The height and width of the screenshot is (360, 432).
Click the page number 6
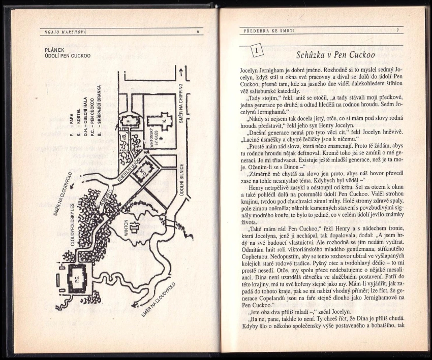click(x=198, y=31)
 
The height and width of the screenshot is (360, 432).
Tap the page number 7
click(x=397, y=30)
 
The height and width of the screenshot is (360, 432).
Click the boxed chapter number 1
click(x=257, y=51)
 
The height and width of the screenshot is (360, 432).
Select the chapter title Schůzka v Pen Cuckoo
click(x=335, y=55)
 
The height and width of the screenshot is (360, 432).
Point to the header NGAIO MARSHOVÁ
click(x=65, y=32)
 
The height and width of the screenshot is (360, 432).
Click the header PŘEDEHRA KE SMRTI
click(x=269, y=31)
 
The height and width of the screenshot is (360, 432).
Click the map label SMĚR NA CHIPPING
click(x=181, y=103)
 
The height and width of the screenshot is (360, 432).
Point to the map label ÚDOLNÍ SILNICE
click(x=181, y=180)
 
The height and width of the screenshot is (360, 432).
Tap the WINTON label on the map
click(x=126, y=228)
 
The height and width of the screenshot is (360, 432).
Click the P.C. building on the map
click(x=77, y=279)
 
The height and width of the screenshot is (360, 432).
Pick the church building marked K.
click(x=160, y=121)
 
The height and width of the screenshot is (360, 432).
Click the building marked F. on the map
click(x=129, y=120)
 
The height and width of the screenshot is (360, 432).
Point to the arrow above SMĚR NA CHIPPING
click(x=181, y=73)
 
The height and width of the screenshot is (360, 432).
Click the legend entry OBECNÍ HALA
click(x=85, y=116)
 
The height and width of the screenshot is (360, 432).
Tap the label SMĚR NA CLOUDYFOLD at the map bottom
click(x=158, y=299)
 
